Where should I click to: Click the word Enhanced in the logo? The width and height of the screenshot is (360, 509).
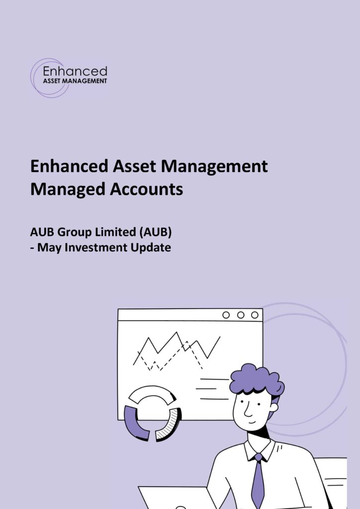[x=75, y=72]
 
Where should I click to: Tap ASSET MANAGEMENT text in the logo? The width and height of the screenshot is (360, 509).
[x=75, y=81]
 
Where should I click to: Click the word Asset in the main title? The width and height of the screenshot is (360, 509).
[x=134, y=166]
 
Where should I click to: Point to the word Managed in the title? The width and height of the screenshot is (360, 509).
[x=68, y=190]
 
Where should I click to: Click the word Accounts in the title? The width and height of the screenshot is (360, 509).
[x=146, y=189]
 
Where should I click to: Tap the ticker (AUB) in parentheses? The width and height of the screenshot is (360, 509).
[x=155, y=233]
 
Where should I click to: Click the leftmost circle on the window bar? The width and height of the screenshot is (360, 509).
[x=226, y=315]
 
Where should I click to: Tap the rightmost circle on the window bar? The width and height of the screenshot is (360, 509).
[x=255, y=315]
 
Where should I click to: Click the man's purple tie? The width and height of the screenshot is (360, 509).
[x=258, y=481]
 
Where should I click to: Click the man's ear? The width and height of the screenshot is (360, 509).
[x=274, y=407]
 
